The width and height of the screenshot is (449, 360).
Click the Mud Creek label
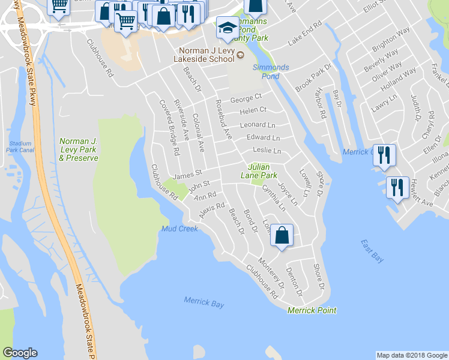click(179, 229)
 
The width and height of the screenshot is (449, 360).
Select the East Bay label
click(372, 250)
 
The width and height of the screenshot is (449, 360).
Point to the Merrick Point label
click(312, 310)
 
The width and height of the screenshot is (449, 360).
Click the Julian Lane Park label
click(263, 171)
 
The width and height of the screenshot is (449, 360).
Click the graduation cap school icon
click(227, 28)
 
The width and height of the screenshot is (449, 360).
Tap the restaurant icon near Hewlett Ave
click(397, 188)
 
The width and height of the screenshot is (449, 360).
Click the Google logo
click(20, 353)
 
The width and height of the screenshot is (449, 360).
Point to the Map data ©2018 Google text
click(412, 355)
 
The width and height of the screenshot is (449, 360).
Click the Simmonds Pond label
click(270, 71)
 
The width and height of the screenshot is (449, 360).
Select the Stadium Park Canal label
click(20, 147)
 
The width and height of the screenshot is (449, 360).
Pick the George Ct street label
click(246, 97)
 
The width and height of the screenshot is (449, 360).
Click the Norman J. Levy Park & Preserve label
click(79, 149)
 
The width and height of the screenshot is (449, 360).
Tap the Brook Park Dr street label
click(313, 77)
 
